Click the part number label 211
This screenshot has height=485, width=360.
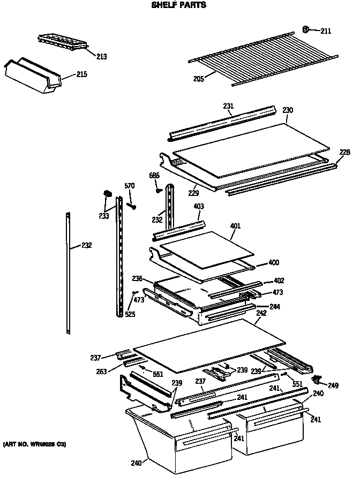(x=326, y=31)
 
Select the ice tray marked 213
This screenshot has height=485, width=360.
(x=62, y=42)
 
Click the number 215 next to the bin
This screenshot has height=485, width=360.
(x=81, y=74)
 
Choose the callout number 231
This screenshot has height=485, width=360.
(x=228, y=106)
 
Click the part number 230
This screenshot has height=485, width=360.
(x=288, y=110)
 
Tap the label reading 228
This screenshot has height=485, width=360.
(x=344, y=153)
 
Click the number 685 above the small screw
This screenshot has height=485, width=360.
(x=154, y=175)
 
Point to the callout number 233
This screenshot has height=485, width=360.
(x=103, y=216)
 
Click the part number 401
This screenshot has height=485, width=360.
(x=235, y=226)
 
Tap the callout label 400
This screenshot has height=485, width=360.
(x=273, y=263)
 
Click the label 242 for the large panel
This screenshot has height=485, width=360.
(x=261, y=313)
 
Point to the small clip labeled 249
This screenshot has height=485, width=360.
(x=319, y=380)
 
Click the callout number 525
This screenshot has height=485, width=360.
(x=130, y=314)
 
